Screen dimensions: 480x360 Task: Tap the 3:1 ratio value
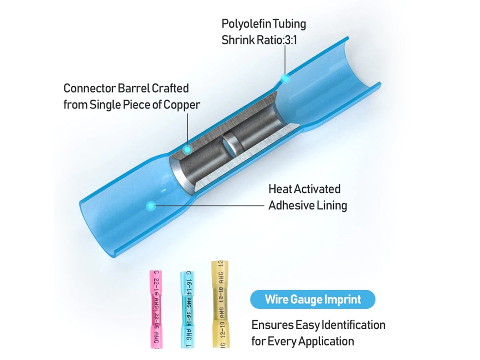[x=290, y=40]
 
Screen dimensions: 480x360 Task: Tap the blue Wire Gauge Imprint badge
[x=312, y=299]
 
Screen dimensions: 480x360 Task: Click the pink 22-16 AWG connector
[x=156, y=309]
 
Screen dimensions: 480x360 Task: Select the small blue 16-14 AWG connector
[x=188, y=310]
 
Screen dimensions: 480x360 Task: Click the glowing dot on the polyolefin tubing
[x=285, y=78]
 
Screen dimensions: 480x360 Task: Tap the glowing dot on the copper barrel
[x=188, y=150]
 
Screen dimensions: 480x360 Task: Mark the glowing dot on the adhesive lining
[x=150, y=206]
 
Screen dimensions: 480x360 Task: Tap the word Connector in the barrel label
[x=90, y=88]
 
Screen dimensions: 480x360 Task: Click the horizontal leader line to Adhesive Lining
[x=210, y=206]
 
